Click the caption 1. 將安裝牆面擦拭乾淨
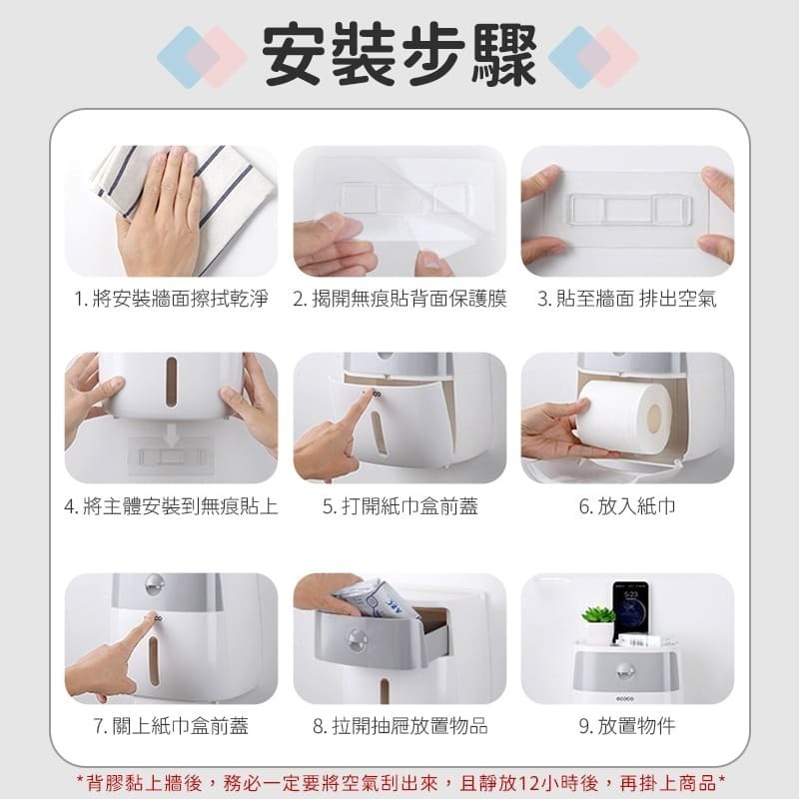(x=171, y=299)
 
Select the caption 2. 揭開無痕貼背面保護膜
(x=399, y=299)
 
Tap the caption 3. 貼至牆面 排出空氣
(x=627, y=299)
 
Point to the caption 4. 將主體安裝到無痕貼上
(x=171, y=506)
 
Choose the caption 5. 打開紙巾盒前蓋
(x=400, y=506)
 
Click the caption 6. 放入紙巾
(x=627, y=506)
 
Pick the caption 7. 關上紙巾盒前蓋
(x=171, y=726)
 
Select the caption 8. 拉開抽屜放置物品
(x=400, y=726)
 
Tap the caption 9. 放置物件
(x=627, y=726)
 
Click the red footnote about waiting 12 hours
(x=400, y=783)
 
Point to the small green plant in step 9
(x=598, y=614)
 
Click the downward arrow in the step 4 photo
(x=171, y=435)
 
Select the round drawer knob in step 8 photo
(x=358, y=640)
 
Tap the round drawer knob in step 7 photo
(x=154, y=584)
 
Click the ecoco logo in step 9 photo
(x=625, y=699)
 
